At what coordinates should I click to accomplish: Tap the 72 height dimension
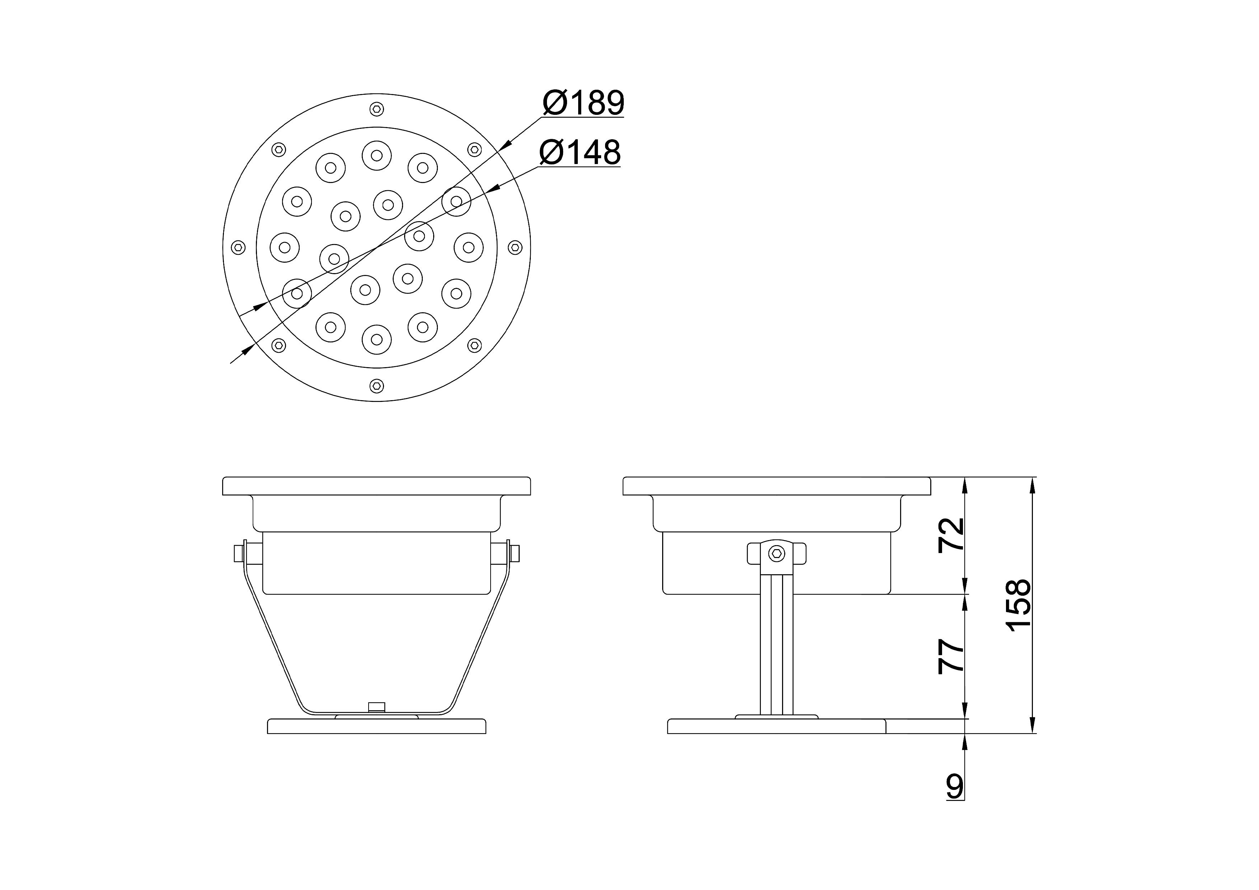(x=951, y=535)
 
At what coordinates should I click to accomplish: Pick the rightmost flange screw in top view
(x=515, y=247)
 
